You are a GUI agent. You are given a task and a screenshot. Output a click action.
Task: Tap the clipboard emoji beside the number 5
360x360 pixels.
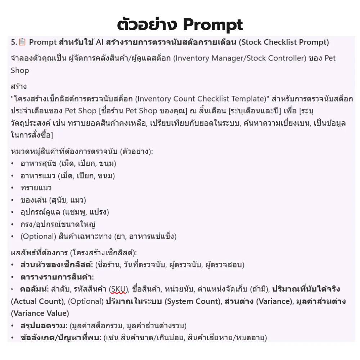[x=22, y=42]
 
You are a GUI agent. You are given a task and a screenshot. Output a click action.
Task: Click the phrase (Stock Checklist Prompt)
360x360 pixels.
[x=284, y=42]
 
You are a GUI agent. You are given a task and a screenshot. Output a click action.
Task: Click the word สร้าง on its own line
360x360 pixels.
[x=19, y=87]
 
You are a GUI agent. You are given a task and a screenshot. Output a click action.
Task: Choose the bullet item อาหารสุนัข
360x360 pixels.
[x=38, y=164]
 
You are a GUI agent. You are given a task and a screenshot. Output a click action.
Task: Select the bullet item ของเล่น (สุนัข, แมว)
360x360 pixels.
[x=53, y=200]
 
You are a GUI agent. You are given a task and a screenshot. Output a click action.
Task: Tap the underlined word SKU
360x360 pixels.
[x=119, y=289]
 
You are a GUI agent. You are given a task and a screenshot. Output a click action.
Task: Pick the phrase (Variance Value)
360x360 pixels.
[x=40, y=313]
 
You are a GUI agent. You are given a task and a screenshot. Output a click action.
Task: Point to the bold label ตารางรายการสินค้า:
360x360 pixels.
[x=57, y=277]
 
